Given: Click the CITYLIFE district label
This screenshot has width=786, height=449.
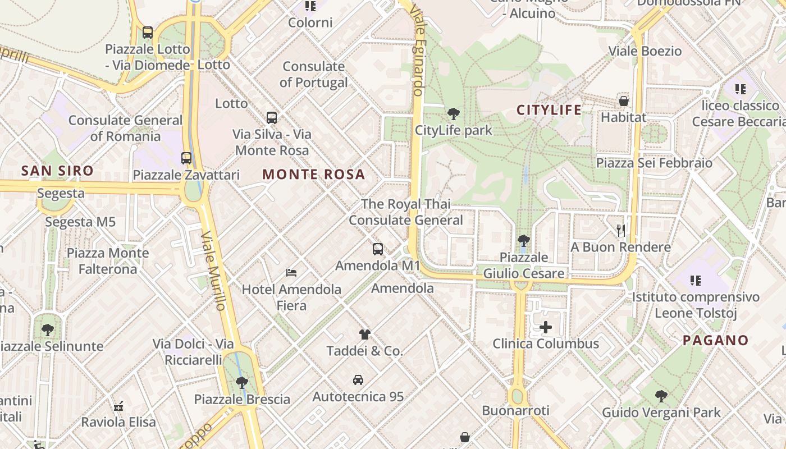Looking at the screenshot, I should point(549,110).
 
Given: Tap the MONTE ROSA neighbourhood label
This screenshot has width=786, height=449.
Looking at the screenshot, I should point(314,175).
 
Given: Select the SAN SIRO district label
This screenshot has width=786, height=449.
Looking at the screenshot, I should point(57,171).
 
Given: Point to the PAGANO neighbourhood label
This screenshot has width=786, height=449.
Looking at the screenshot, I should point(716,340).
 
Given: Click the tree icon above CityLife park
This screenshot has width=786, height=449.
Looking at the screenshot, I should point(453,114).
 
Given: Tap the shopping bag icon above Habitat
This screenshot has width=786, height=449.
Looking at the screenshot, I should point(623,101).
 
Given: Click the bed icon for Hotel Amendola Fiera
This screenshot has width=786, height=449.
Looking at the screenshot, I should point(291,273).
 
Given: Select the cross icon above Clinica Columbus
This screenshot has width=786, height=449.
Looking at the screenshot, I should point(545,327).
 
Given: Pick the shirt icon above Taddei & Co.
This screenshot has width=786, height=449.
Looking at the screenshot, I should point(365,335).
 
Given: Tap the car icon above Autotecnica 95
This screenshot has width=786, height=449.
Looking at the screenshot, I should point(358,380).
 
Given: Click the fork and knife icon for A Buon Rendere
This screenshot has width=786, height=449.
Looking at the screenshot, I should point(620,230).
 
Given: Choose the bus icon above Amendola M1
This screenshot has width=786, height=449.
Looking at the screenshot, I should point(378,249).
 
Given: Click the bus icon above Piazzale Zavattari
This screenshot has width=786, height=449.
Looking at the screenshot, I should point(186,158).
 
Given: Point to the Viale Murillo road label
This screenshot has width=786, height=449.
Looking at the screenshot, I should point(213,271).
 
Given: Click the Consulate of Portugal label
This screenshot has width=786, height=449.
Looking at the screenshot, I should point(314,75).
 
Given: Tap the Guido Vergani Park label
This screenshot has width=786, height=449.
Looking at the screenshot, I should point(661,413).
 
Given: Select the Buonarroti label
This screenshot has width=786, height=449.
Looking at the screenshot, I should point(516,410).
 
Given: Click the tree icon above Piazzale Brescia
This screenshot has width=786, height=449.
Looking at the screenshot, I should point(242,383).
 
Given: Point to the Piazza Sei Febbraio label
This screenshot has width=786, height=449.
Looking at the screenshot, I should point(654,163).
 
